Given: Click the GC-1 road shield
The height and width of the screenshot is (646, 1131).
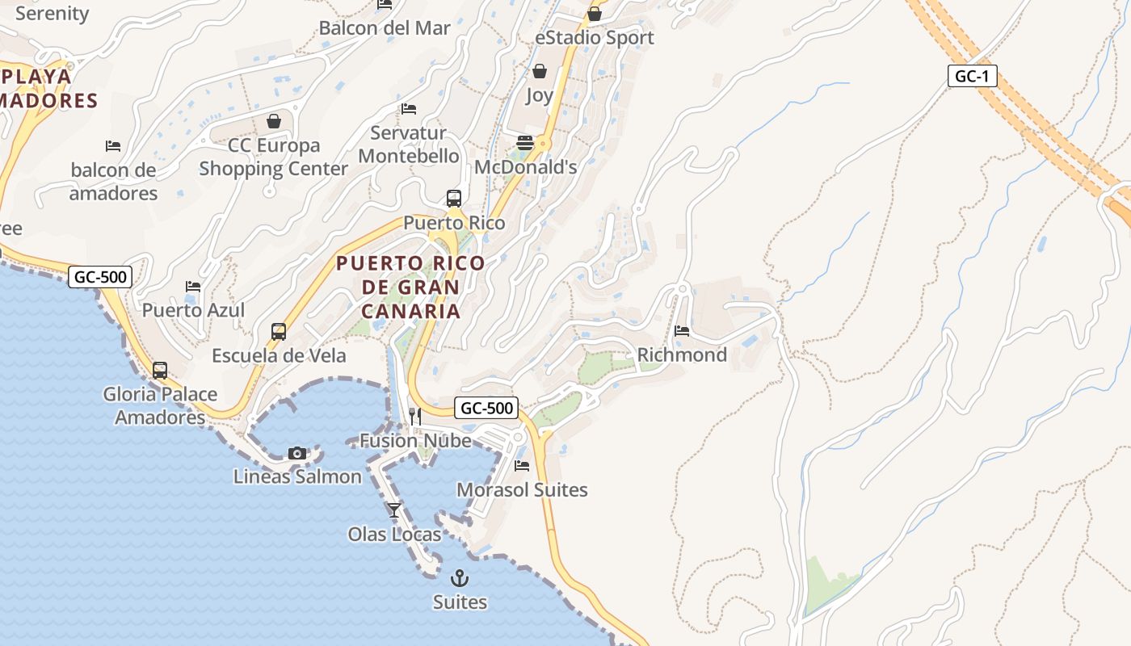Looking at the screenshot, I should pos(973,77).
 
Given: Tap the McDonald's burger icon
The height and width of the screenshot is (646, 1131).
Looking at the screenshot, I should pos(525,143).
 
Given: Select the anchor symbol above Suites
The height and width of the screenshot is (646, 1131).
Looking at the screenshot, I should pos(460,577).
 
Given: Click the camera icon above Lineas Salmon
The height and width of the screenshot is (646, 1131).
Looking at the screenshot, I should pos(297,453).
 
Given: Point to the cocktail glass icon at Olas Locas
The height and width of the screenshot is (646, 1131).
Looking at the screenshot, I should pos(394,510).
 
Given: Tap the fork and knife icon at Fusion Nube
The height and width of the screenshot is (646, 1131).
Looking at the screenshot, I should pos(415,416).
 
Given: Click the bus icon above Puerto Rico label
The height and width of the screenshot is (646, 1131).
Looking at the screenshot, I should pos(454,198).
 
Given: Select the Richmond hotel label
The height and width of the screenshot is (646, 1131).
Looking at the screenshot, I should pos(682,354).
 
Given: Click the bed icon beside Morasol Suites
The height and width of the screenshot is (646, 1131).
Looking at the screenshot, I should pos(522,466).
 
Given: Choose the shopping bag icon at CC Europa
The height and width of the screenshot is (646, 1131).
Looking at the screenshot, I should pos(274,121).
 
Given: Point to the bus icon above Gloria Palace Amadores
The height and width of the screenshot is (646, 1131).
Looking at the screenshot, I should pos(160,371).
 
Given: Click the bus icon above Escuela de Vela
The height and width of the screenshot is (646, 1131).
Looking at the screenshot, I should pos(279,331).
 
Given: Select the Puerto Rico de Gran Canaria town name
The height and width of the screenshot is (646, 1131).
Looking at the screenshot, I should pos(410,287).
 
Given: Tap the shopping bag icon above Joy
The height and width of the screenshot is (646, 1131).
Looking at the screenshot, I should pos(540,71).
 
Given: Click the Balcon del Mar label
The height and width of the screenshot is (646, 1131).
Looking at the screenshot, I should pos(385,27).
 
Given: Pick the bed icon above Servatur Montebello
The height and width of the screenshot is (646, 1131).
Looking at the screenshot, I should pos(409,108).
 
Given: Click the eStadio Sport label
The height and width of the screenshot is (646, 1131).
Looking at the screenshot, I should pos(595,37).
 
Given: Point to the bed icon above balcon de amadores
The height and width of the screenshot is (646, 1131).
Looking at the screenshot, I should pos(113,146).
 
